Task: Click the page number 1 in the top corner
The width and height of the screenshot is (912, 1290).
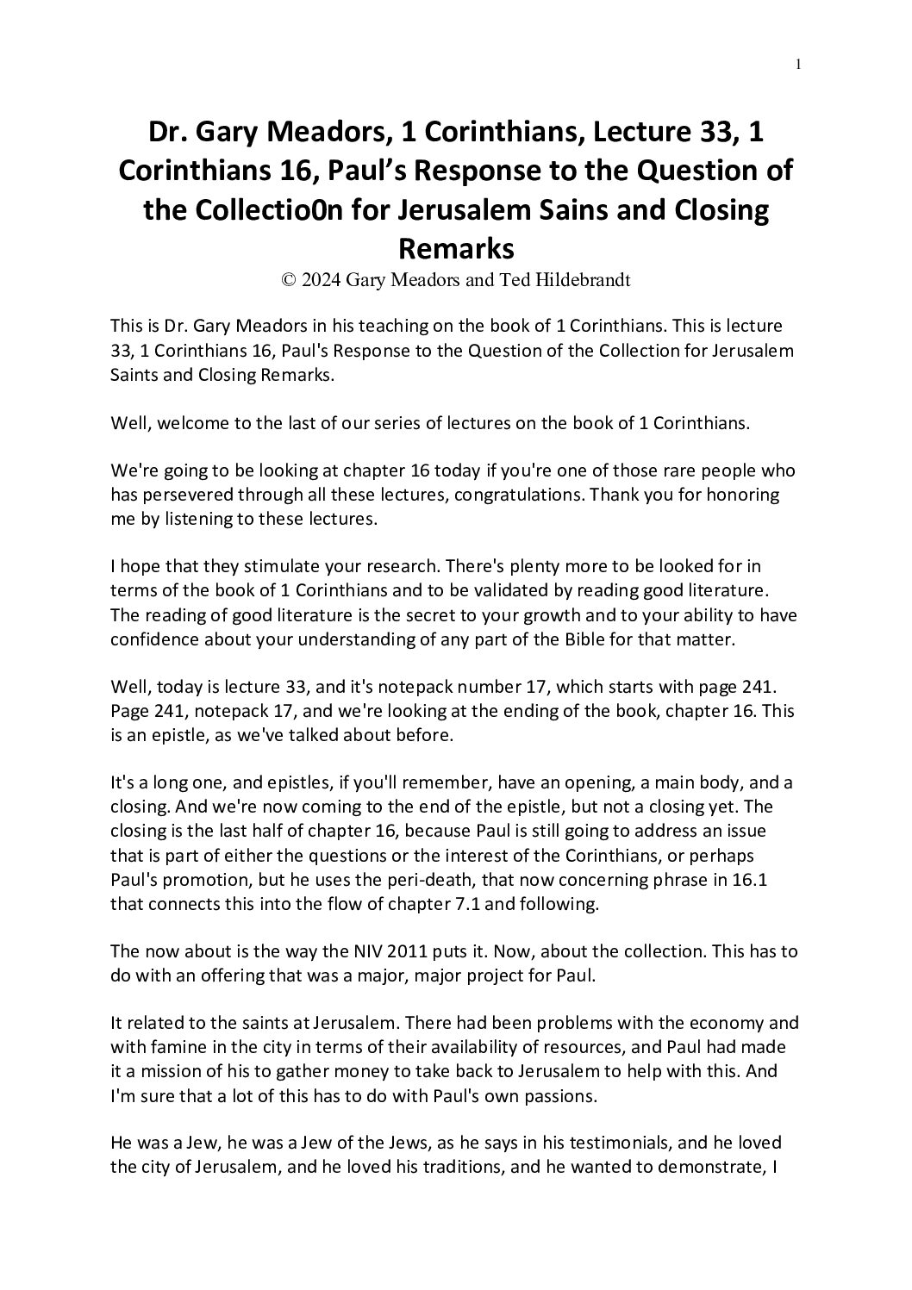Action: (x=799, y=63)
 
